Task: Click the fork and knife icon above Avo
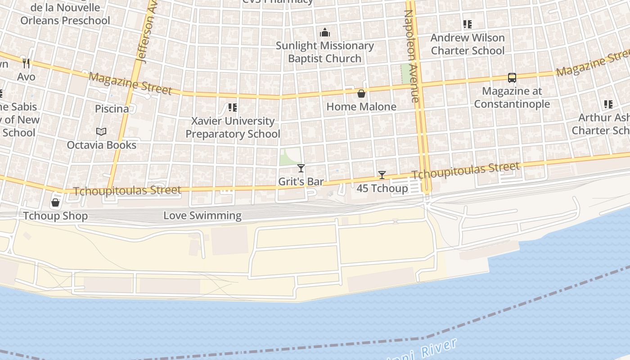[x=26, y=63]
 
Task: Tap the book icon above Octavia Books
[x=101, y=132]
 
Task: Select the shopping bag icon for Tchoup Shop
[x=55, y=202]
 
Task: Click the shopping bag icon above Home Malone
[x=361, y=94]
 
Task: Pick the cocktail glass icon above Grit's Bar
[x=301, y=168]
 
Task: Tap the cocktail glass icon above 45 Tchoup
[x=382, y=175]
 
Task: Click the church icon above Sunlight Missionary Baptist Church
[x=324, y=32]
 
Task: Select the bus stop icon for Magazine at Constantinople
[x=512, y=77]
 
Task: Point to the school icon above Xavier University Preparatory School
[x=232, y=108]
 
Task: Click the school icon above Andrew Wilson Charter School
[x=468, y=24]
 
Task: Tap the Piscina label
[x=112, y=109]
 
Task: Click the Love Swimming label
[x=202, y=216]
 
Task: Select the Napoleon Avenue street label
[x=412, y=56]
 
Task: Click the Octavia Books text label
[x=101, y=145]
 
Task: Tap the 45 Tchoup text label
[x=382, y=188]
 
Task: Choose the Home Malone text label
[x=361, y=107]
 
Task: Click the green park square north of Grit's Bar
[x=290, y=156]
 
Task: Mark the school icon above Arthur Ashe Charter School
[x=608, y=104]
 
